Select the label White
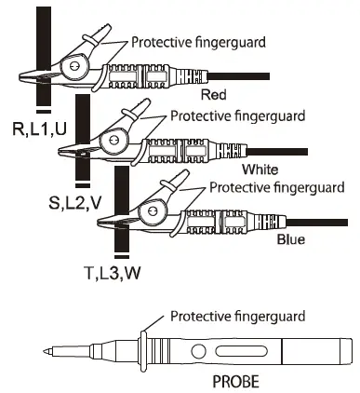coord(260,169)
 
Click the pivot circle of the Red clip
coord(72,65)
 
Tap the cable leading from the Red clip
coord(242,75)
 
